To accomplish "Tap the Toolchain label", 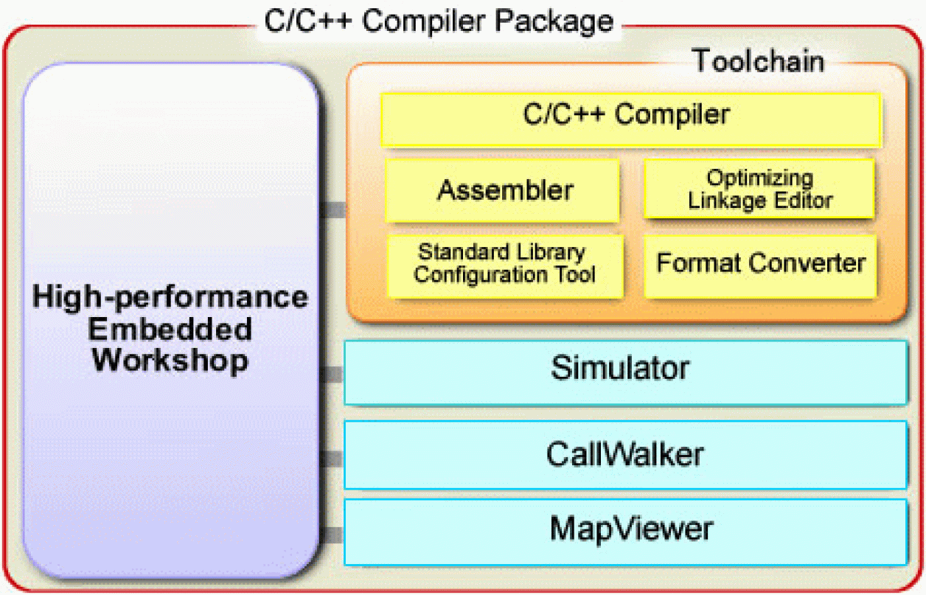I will click(757, 61).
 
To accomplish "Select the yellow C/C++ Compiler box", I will click(630, 119).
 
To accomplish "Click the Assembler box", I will click(504, 190).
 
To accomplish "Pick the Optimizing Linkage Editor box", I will click(759, 189).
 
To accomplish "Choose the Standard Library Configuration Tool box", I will click(505, 264).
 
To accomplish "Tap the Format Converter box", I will click(760, 263).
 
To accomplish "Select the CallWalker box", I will click(625, 454).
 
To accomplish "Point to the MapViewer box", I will click(625, 531).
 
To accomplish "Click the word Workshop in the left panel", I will click(170, 361).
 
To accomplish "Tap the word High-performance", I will click(170, 297).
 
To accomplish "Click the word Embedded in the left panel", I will click(170, 330).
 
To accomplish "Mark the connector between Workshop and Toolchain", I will click(333, 210).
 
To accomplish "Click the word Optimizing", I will click(760, 178).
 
